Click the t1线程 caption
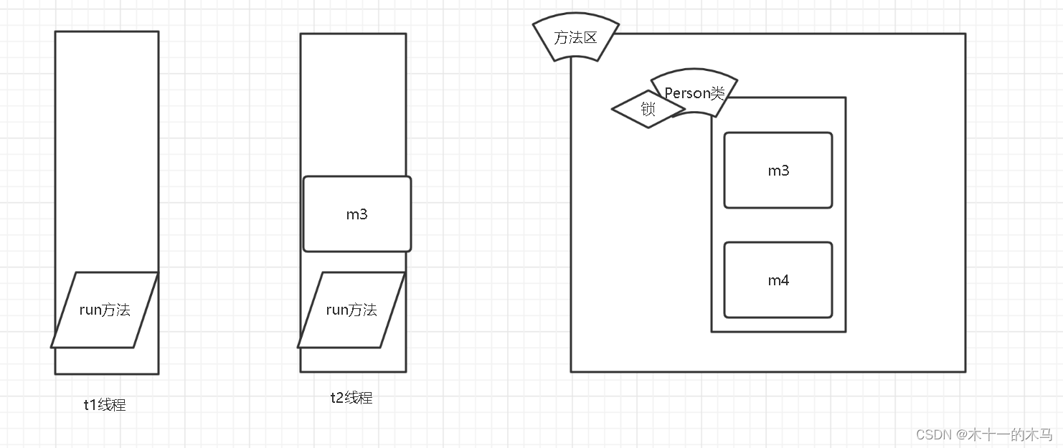[x=105, y=405]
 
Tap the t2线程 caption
[x=351, y=398]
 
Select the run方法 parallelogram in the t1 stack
[x=105, y=310]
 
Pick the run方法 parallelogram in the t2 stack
[x=351, y=310]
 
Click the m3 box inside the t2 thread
[x=356, y=214]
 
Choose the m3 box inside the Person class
[x=778, y=171]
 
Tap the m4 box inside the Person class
[x=778, y=280]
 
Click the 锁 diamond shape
[x=648, y=110]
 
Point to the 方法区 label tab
[x=575, y=38]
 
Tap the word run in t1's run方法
[x=90, y=310]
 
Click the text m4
[x=778, y=280]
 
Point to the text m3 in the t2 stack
[x=356, y=214]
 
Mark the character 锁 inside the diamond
[x=648, y=110]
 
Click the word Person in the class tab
[x=687, y=93]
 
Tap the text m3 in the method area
[x=778, y=171]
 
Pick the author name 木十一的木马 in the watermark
[x=1011, y=434]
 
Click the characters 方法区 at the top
[x=575, y=38]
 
